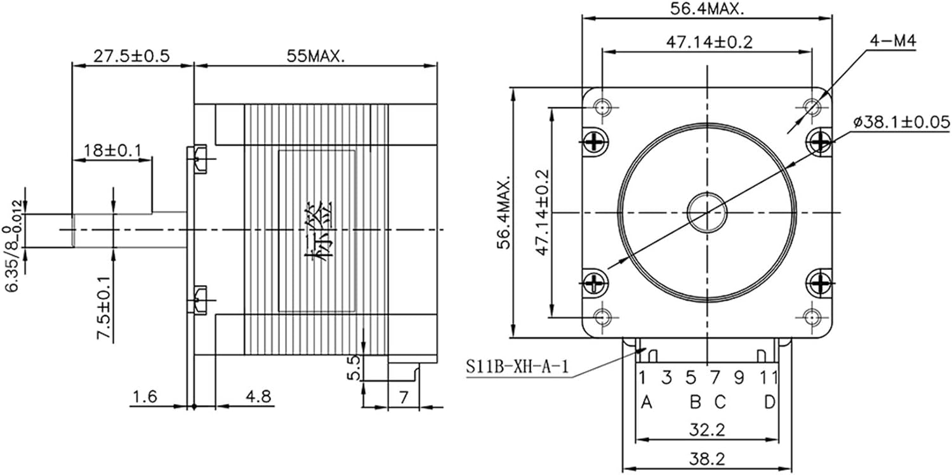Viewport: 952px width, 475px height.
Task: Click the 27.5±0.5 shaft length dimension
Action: [131, 55]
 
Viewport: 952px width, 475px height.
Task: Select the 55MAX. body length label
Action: [315, 55]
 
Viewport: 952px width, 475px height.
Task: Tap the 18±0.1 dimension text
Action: [112, 151]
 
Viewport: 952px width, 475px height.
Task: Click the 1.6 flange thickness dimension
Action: [145, 397]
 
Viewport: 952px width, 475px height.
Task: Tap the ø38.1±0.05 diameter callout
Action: [901, 122]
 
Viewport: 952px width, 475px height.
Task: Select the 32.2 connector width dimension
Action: [707, 430]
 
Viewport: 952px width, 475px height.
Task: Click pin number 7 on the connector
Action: [715, 378]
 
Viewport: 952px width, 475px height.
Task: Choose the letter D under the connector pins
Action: [769, 403]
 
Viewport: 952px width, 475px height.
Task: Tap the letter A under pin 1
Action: [647, 403]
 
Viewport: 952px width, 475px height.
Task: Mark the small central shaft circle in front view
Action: [707, 211]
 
